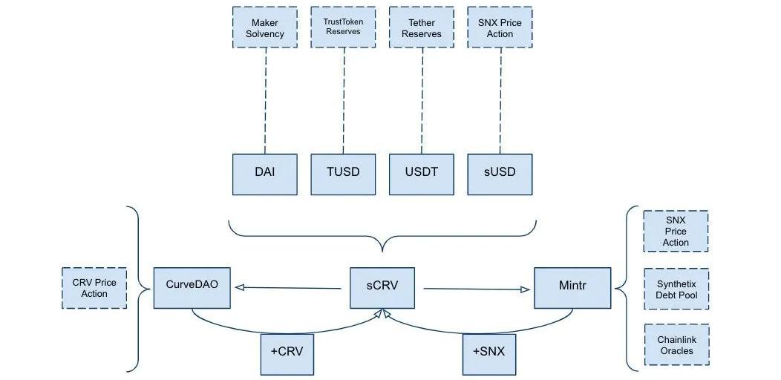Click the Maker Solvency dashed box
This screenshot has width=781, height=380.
265,28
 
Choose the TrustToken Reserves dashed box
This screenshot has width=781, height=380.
343,28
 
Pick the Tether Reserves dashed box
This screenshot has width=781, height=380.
422,28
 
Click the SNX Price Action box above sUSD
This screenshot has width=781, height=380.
500,28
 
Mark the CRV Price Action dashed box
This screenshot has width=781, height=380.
94,288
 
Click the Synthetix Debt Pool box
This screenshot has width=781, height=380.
676,289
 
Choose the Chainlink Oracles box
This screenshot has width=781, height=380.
676,345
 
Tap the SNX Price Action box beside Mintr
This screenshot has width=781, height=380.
676,232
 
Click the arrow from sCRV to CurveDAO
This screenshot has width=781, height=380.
290,287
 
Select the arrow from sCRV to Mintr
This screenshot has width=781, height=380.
475,289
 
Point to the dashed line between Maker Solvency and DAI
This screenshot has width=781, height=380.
265,101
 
